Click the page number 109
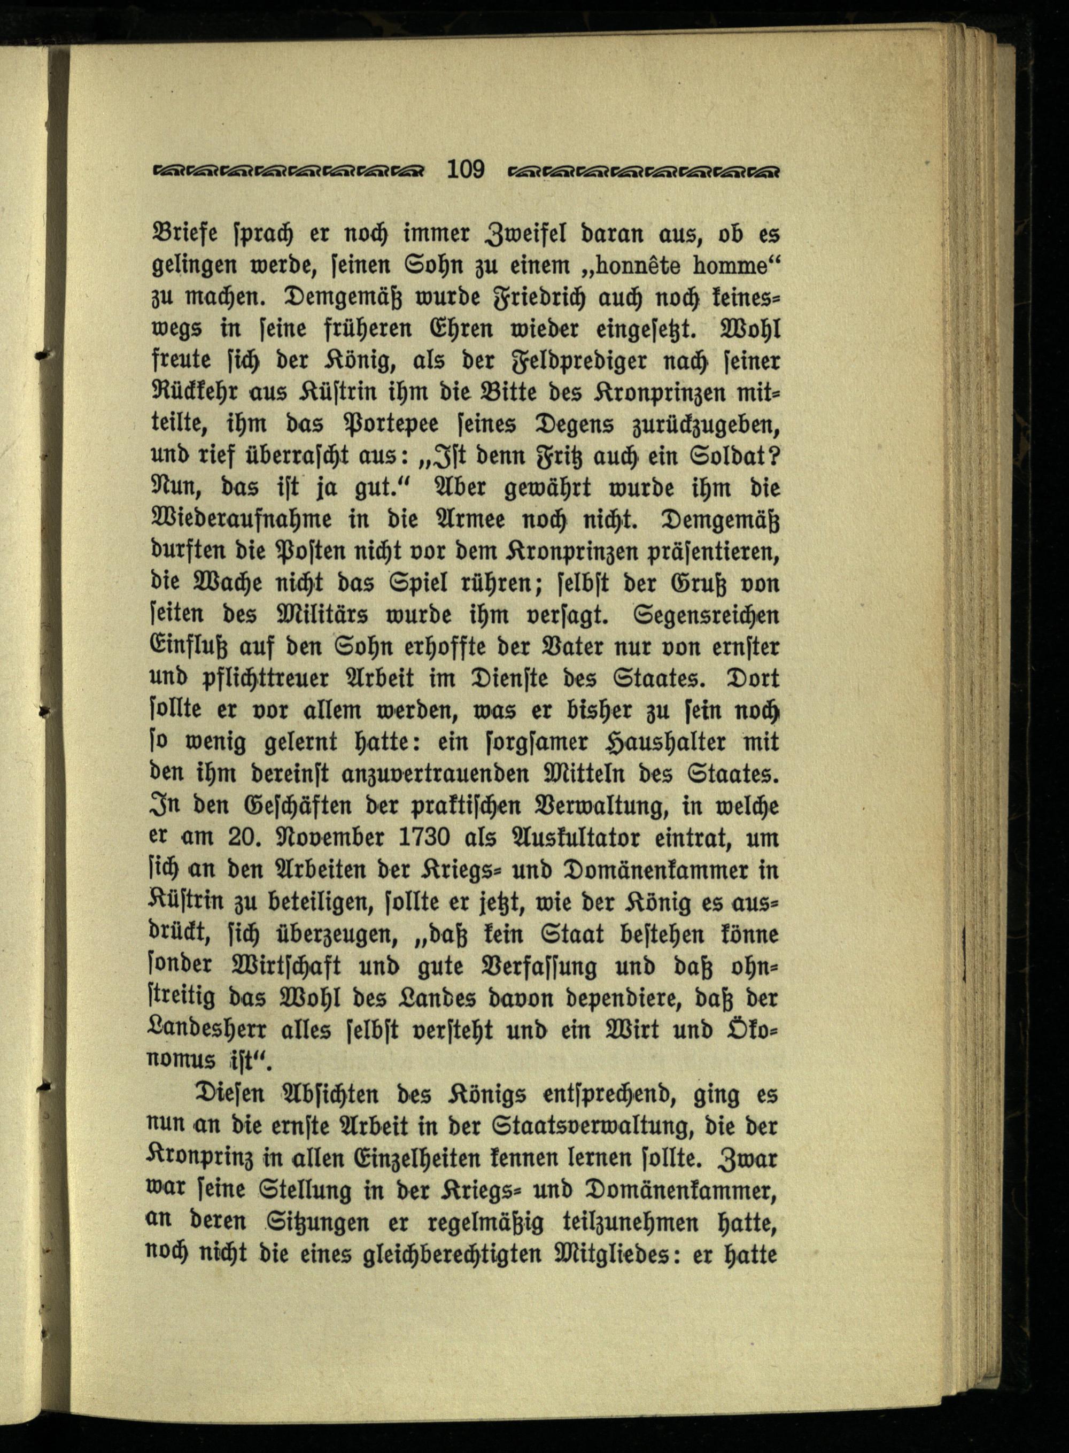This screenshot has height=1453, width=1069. pyautogui.click(x=465, y=169)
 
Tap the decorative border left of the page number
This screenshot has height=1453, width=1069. pyautogui.click(x=289, y=172)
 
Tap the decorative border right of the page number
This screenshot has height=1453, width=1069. pyautogui.click(x=644, y=172)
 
